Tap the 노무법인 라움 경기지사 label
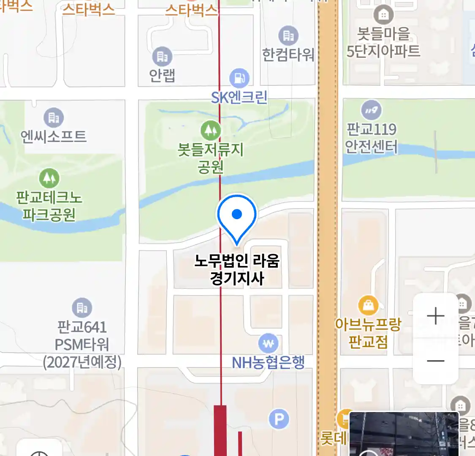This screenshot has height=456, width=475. (x=237, y=269)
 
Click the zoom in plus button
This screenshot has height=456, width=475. (x=435, y=316)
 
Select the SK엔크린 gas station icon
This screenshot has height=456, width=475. (x=239, y=78)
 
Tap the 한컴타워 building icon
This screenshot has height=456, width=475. (x=288, y=36)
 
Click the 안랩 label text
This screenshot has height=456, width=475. (x=162, y=75)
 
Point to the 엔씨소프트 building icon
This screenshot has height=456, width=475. (x=54, y=117)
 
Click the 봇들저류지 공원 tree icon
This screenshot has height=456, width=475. (x=210, y=130)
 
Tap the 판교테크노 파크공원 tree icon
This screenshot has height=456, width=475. (x=49, y=178)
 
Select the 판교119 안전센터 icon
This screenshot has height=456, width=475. (x=371, y=110)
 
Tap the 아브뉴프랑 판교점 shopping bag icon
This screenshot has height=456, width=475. (x=368, y=305)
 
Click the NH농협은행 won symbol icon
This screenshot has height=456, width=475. (x=269, y=344)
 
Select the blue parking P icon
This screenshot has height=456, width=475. (x=279, y=419)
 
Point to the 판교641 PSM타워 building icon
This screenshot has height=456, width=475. (x=82, y=308)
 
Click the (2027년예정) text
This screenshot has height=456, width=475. (x=82, y=362)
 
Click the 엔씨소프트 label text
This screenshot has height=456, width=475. (x=54, y=136)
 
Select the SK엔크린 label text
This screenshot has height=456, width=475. (x=239, y=98)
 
